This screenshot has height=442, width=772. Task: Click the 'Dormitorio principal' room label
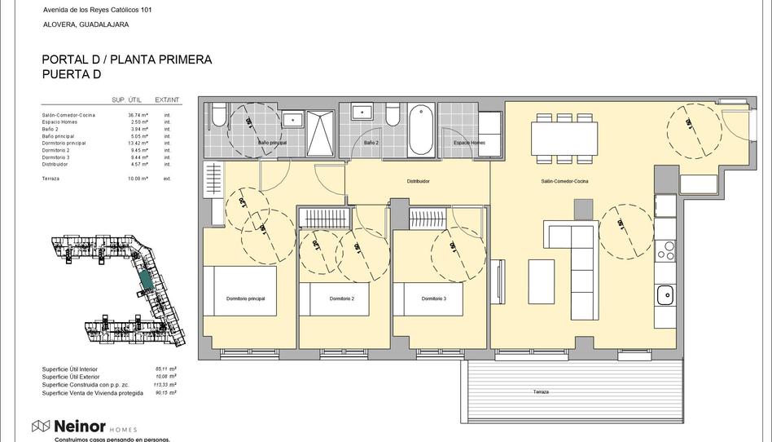(x=245, y=299)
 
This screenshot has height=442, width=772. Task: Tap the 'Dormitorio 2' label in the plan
(x=342, y=299)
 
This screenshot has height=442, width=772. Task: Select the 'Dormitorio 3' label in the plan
(x=433, y=299)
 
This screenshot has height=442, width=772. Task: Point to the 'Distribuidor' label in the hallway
(x=418, y=181)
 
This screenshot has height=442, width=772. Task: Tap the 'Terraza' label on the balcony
(x=542, y=392)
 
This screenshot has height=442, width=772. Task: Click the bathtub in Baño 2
(x=422, y=130)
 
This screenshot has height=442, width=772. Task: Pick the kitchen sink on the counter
(x=665, y=294)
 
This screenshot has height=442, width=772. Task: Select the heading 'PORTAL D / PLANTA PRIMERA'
(x=126, y=60)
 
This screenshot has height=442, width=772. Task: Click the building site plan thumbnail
(x=118, y=285)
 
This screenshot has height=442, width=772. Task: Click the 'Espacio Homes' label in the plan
(x=469, y=143)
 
